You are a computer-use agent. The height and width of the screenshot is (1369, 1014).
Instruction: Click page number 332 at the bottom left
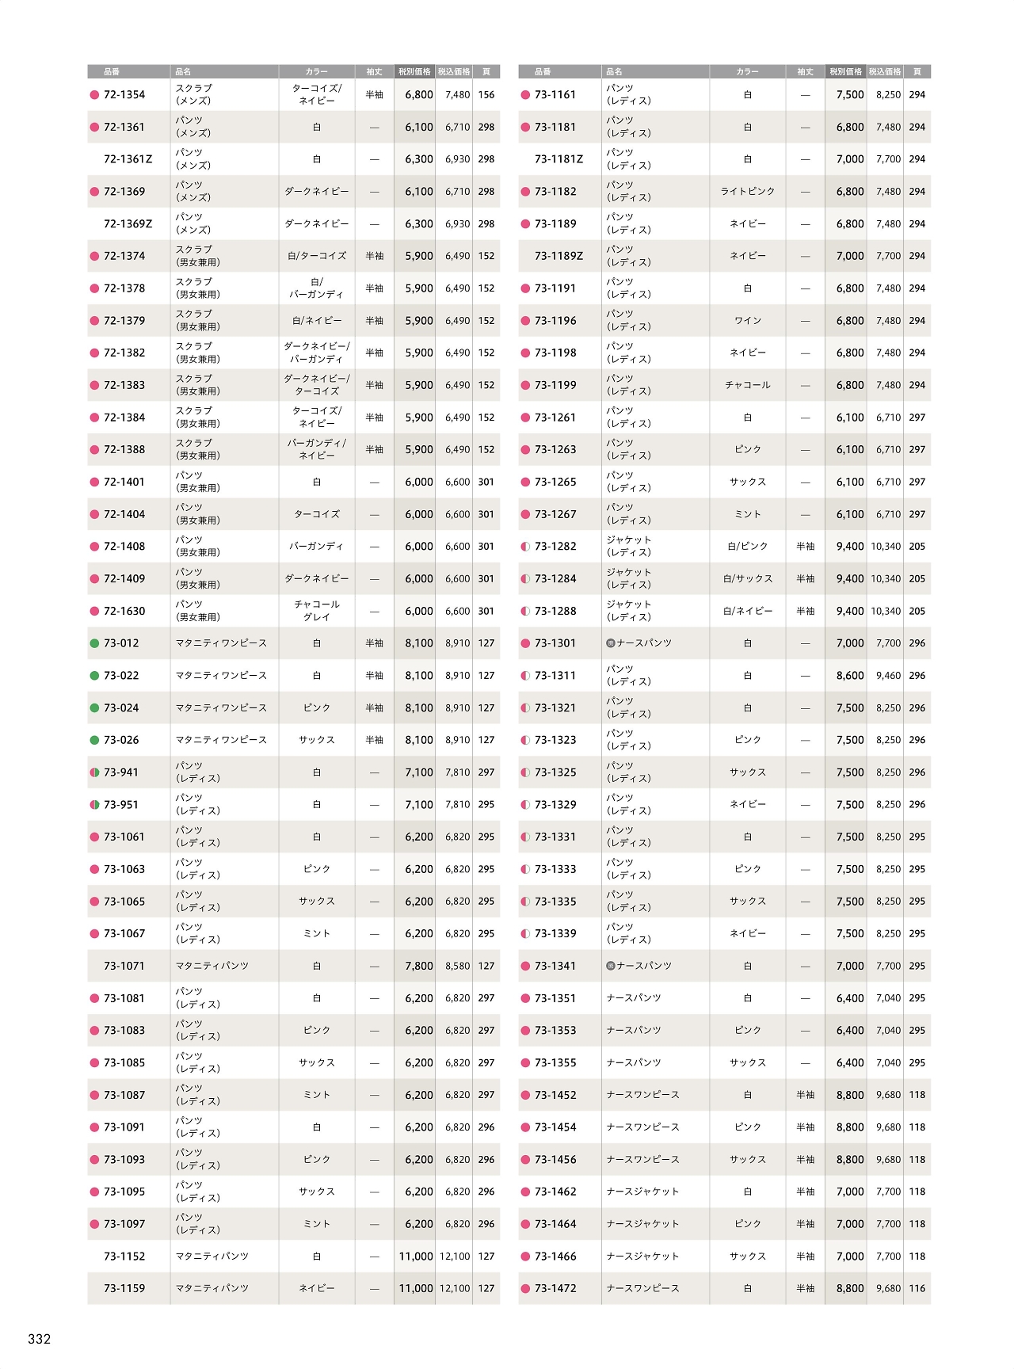coord(39,1339)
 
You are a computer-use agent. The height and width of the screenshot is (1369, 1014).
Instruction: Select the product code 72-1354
coord(124,95)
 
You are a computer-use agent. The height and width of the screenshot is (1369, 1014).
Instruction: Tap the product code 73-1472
coord(555,1289)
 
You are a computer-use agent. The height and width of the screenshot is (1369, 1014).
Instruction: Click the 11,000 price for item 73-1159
coord(416,1289)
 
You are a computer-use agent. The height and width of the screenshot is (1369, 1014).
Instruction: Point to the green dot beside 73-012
coord(95,643)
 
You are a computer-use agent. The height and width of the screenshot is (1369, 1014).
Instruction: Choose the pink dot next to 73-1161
coord(525,95)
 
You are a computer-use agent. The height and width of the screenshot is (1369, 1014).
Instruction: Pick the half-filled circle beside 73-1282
coord(525,547)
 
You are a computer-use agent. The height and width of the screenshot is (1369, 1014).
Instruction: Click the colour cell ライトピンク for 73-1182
coord(748,192)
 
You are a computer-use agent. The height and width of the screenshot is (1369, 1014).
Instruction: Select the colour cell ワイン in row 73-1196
coord(748,321)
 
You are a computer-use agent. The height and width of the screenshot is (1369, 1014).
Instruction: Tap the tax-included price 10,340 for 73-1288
coord(886,612)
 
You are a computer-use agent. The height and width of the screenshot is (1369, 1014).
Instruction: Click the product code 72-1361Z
coord(128,159)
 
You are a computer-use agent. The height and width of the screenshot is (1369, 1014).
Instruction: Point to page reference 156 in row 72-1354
coord(486,95)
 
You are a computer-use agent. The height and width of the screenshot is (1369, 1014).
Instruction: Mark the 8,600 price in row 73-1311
coord(850,676)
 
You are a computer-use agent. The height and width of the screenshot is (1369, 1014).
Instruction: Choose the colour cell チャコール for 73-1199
coord(748,386)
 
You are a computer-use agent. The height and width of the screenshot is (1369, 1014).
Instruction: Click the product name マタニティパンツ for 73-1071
coord(212,967)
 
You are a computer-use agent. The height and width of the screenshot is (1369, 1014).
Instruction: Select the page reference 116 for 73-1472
coord(917,1289)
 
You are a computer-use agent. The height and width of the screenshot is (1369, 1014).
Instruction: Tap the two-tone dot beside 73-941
coord(95,772)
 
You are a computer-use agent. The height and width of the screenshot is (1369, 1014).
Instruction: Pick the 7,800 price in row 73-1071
coord(419,967)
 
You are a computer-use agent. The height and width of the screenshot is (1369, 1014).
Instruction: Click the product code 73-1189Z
coord(558,257)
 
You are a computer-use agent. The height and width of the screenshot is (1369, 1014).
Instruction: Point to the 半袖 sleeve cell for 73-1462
coord(806,1192)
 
